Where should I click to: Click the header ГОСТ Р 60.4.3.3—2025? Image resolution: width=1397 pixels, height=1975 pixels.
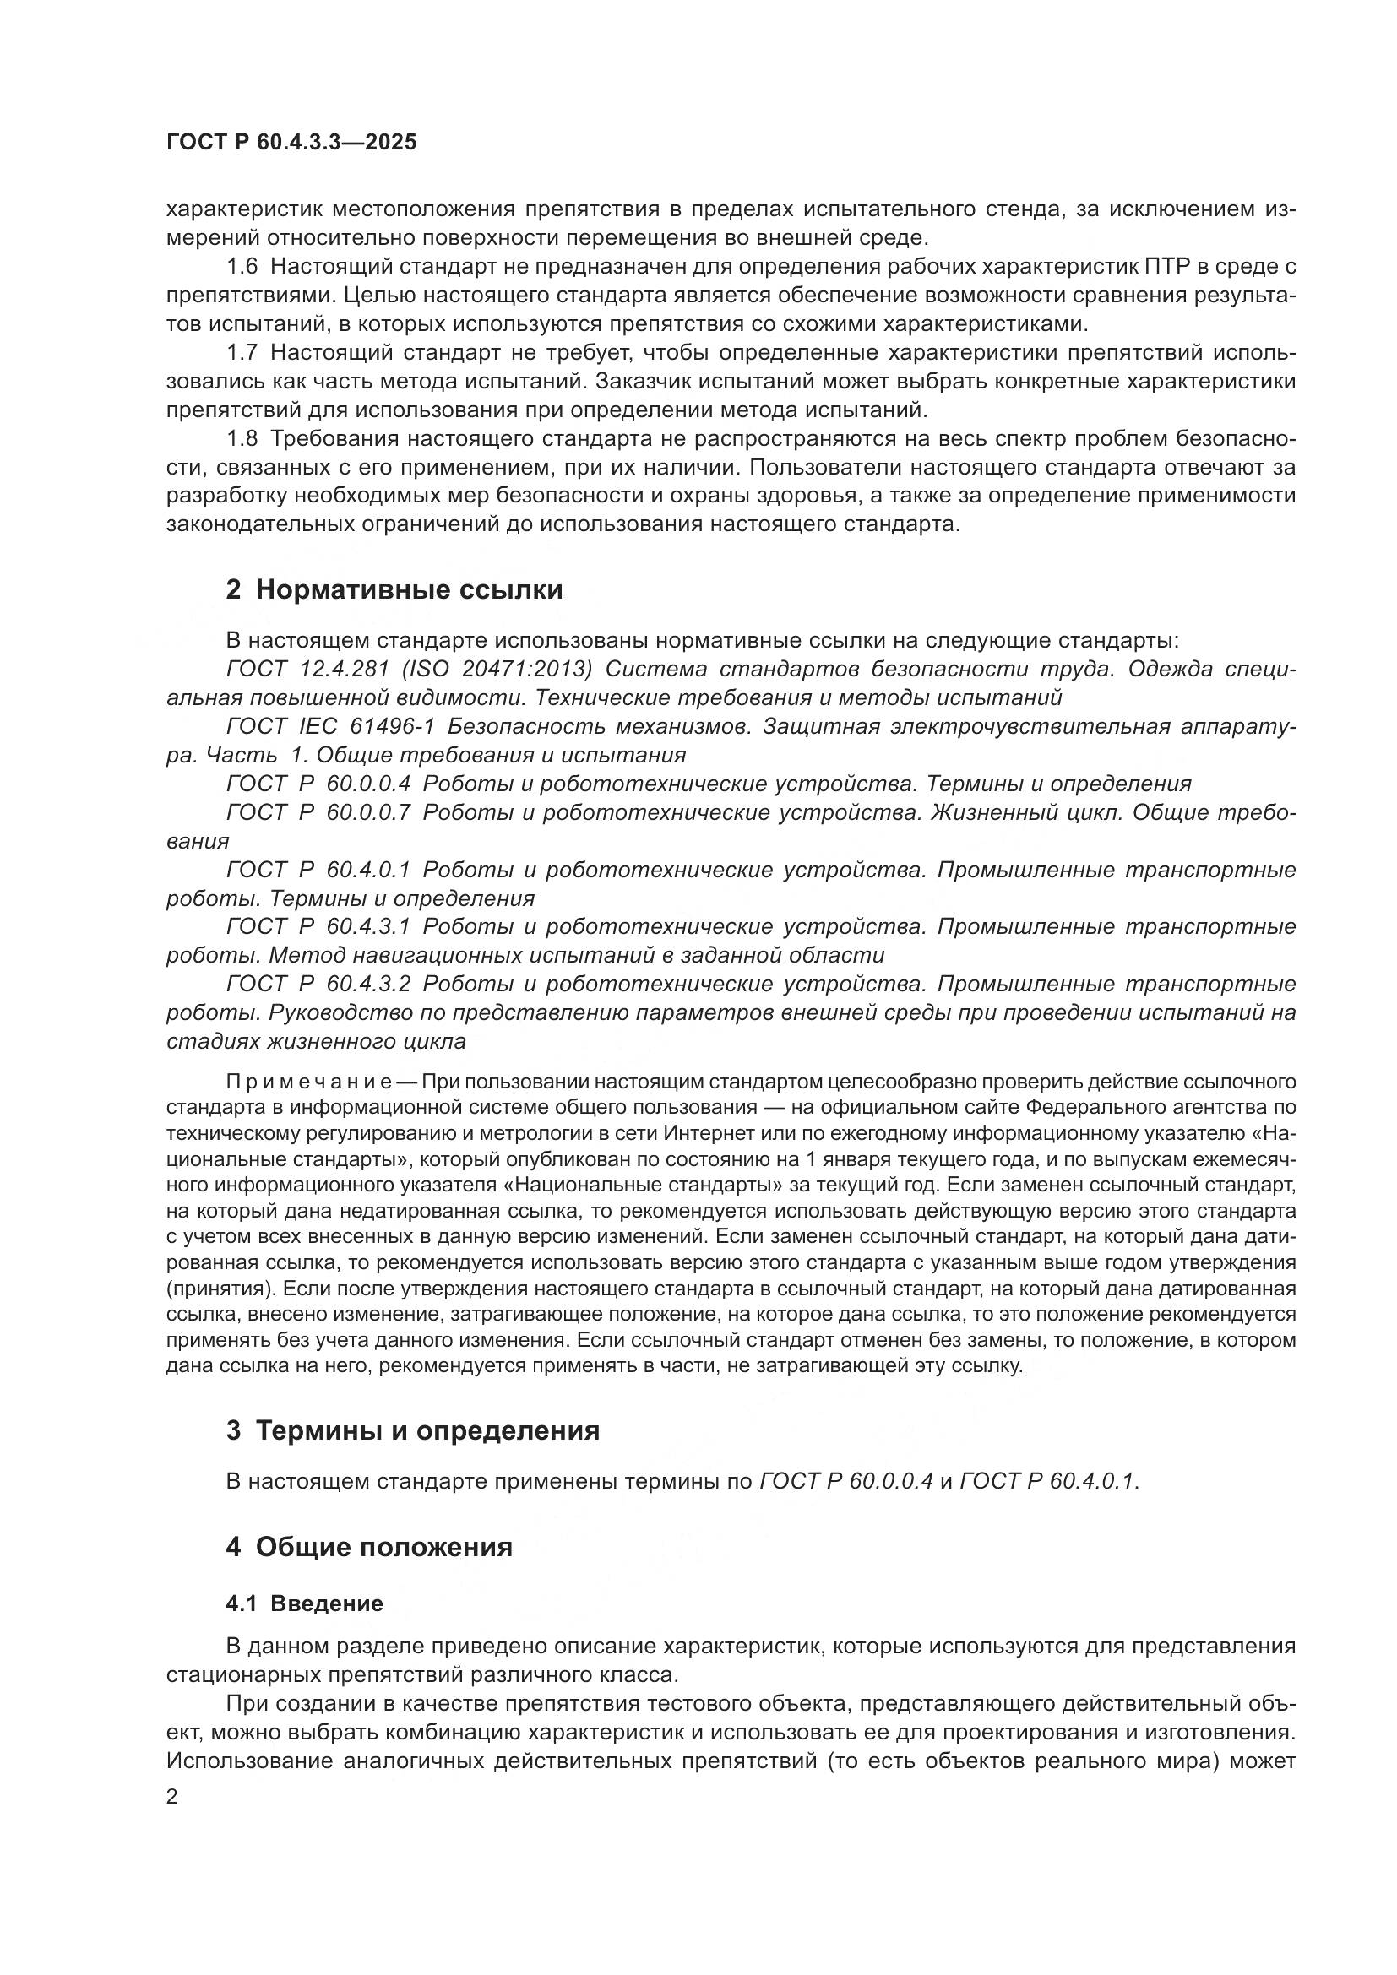click(x=291, y=143)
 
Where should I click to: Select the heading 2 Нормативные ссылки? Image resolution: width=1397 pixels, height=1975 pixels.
click(x=394, y=590)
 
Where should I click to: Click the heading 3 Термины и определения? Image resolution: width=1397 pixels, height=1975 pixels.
click(x=413, y=1430)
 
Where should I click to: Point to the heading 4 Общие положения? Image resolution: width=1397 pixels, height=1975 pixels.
click(x=369, y=1547)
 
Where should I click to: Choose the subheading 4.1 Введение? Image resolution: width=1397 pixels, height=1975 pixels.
click(x=305, y=1603)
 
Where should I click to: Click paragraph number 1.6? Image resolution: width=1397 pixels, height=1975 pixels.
click(x=242, y=267)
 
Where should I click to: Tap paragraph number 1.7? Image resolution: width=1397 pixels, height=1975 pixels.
click(x=242, y=353)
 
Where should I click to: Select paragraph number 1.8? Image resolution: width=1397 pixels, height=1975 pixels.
click(x=242, y=439)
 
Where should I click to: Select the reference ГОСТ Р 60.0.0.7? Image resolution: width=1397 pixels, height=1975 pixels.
click(x=318, y=813)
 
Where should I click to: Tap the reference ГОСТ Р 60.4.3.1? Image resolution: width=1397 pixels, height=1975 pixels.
click(x=318, y=927)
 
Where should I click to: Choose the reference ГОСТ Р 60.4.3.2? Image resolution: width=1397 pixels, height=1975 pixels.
click(x=318, y=984)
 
